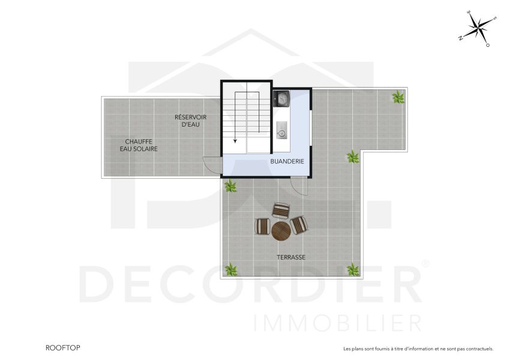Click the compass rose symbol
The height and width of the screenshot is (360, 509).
478,28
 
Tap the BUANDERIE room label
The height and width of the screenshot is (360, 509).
287,161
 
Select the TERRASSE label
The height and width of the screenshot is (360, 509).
291,257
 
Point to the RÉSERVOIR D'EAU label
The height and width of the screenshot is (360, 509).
190,121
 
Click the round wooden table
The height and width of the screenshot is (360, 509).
281,231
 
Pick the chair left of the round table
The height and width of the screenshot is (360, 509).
262,226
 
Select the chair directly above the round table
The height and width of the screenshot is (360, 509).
281,211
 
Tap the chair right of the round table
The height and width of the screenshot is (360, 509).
300,225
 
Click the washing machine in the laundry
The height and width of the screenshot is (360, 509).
282,98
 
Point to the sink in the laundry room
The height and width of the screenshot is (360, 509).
281,130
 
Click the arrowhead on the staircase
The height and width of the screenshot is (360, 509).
235,142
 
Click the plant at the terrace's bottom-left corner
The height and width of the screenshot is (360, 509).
230,269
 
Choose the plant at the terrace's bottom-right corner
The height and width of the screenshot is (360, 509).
354,269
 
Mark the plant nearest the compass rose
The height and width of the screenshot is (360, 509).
398,97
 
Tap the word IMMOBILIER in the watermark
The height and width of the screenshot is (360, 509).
338,323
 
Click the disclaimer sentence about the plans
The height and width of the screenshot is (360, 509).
418,349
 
